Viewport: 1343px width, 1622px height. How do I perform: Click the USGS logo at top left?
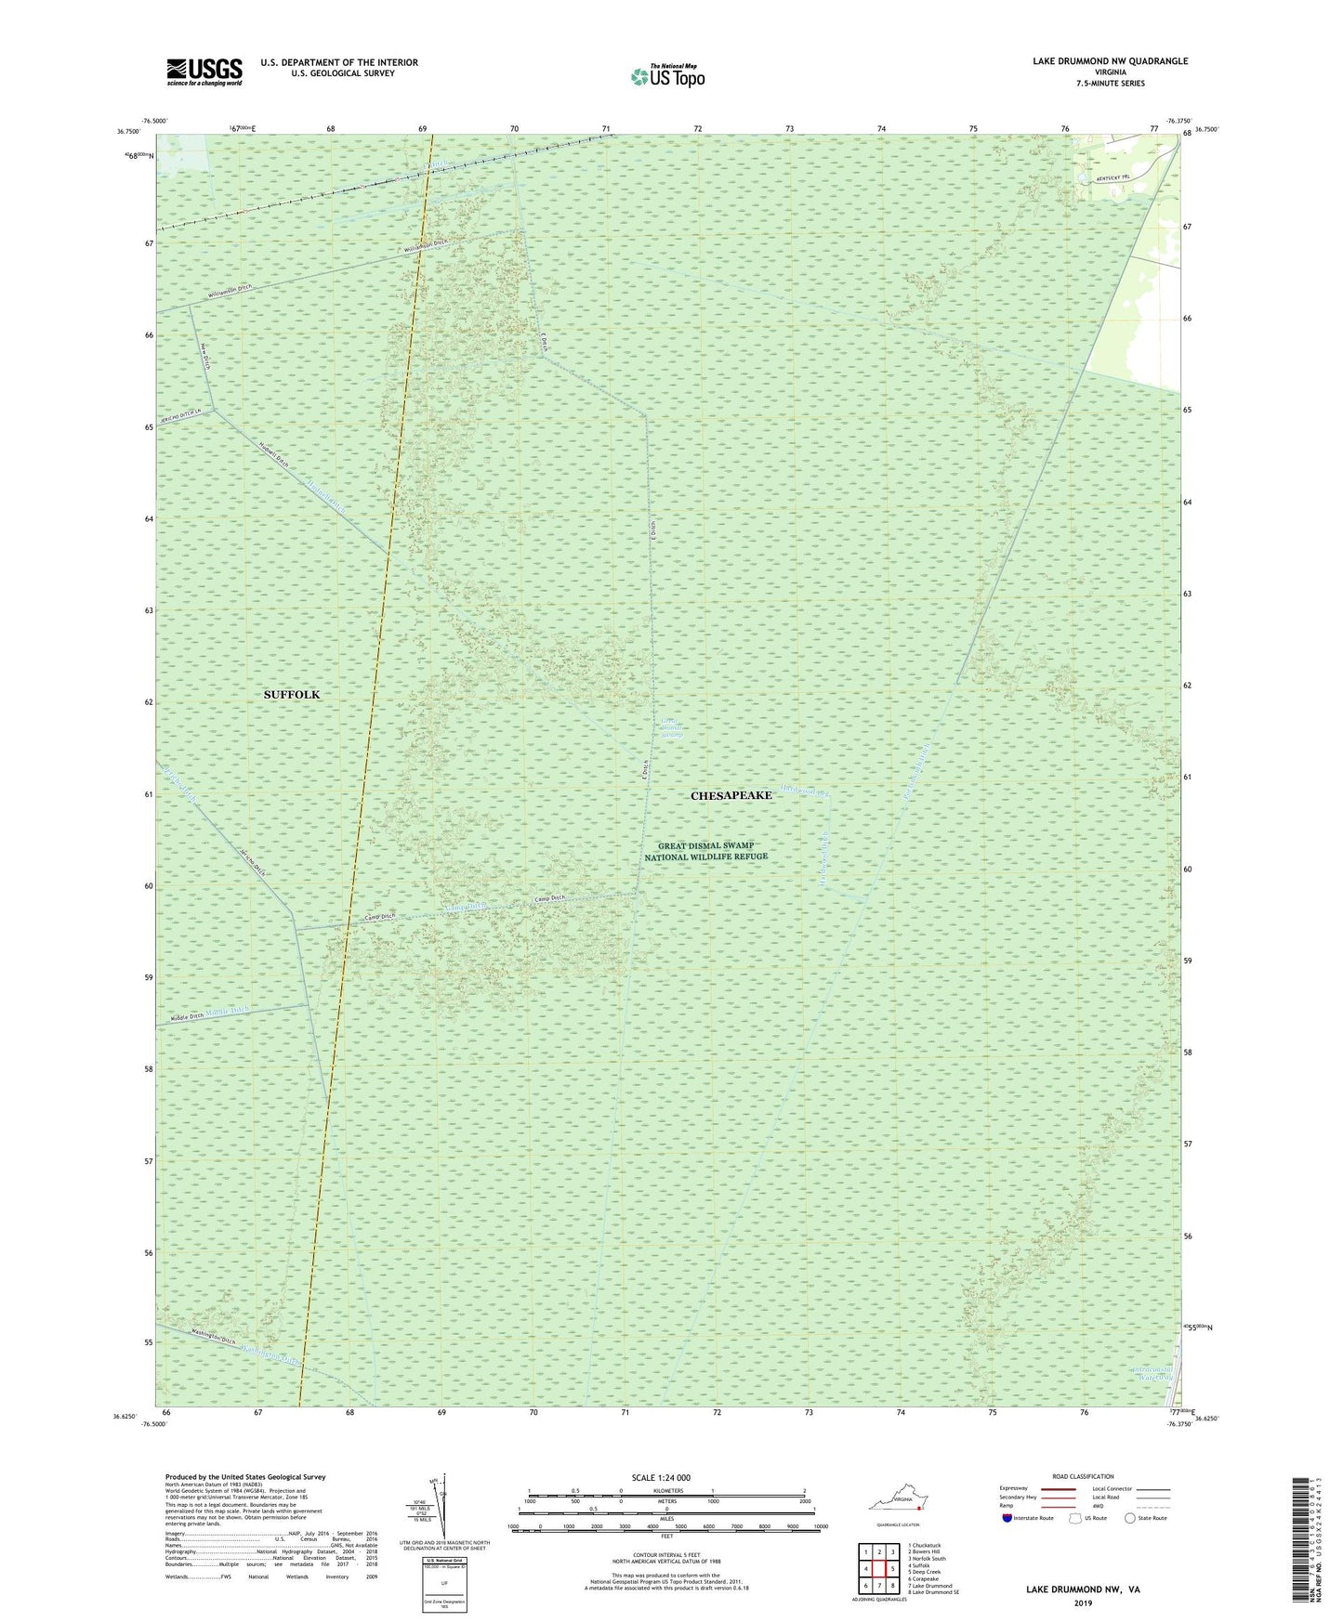coord(204,72)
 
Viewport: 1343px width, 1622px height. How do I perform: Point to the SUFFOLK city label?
coord(291,695)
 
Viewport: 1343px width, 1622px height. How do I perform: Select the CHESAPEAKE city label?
coord(731,796)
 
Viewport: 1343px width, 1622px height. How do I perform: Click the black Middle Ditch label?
coord(187,1017)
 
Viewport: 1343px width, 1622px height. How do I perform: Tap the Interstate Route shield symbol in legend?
coord(1007,1518)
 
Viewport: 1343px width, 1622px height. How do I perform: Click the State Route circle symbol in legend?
coord(1129,1518)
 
